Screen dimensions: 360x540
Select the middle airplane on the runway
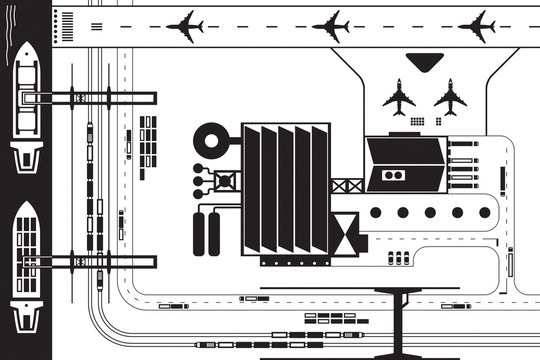[x=331, y=26]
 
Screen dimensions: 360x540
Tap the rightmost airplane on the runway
[x=479, y=26]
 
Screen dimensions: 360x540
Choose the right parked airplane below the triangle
[x=450, y=97]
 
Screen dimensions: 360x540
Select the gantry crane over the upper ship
[x=90, y=97]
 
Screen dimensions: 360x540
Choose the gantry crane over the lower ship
[x=90, y=262]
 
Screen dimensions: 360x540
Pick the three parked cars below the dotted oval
[x=399, y=259]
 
